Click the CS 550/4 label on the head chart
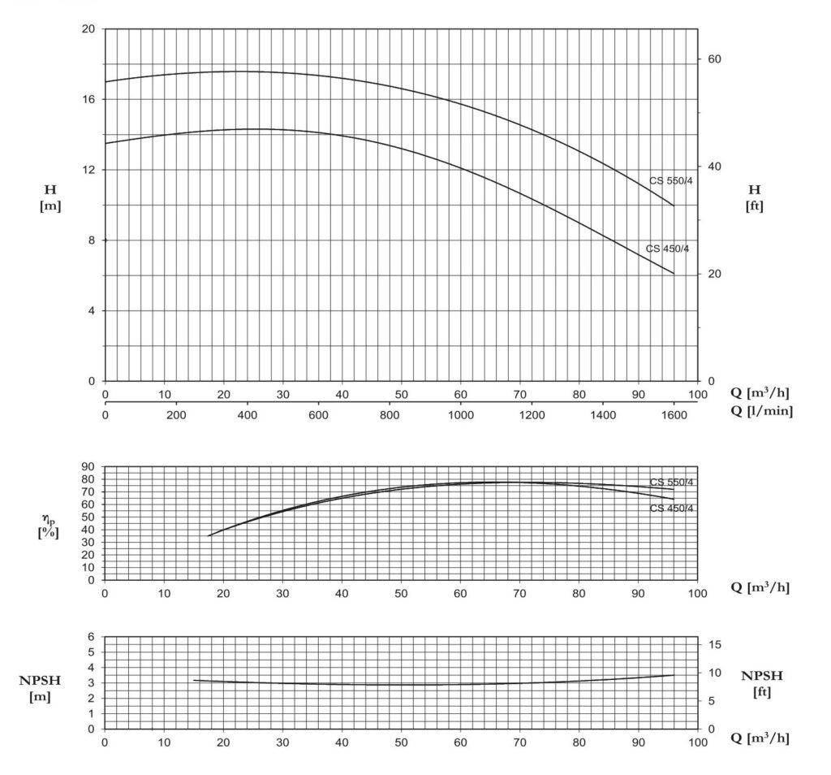coord(671,180)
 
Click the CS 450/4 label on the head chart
coord(667,249)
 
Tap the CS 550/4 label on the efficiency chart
coord(671,483)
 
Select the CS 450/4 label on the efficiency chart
coord(671,509)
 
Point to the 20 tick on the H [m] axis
coord(89,29)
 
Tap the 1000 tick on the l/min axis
coord(461,413)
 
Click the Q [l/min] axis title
coord(761,411)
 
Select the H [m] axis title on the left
coord(51,197)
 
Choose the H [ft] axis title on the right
coord(754,197)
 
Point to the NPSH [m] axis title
coord(41,687)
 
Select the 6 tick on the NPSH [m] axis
coord(90,637)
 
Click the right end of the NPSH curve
coord(674,675)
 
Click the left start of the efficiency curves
coord(209,535)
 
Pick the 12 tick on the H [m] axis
coord(89,170)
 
